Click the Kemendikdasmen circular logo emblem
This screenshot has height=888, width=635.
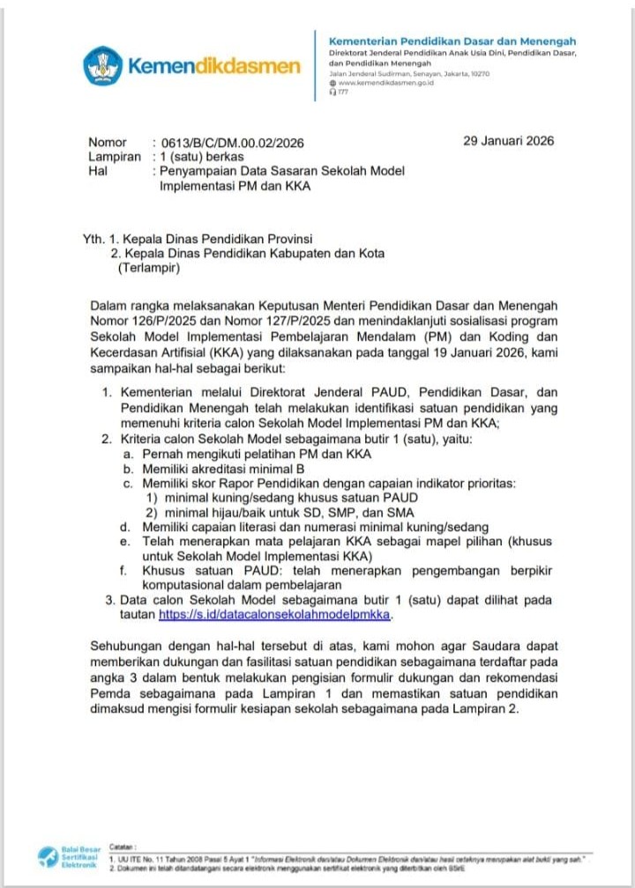103,66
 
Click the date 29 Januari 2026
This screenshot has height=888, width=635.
508,141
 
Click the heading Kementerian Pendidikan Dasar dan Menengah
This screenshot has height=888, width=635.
452,41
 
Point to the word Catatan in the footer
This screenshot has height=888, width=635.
123,844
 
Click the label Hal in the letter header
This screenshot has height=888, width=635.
98,172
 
